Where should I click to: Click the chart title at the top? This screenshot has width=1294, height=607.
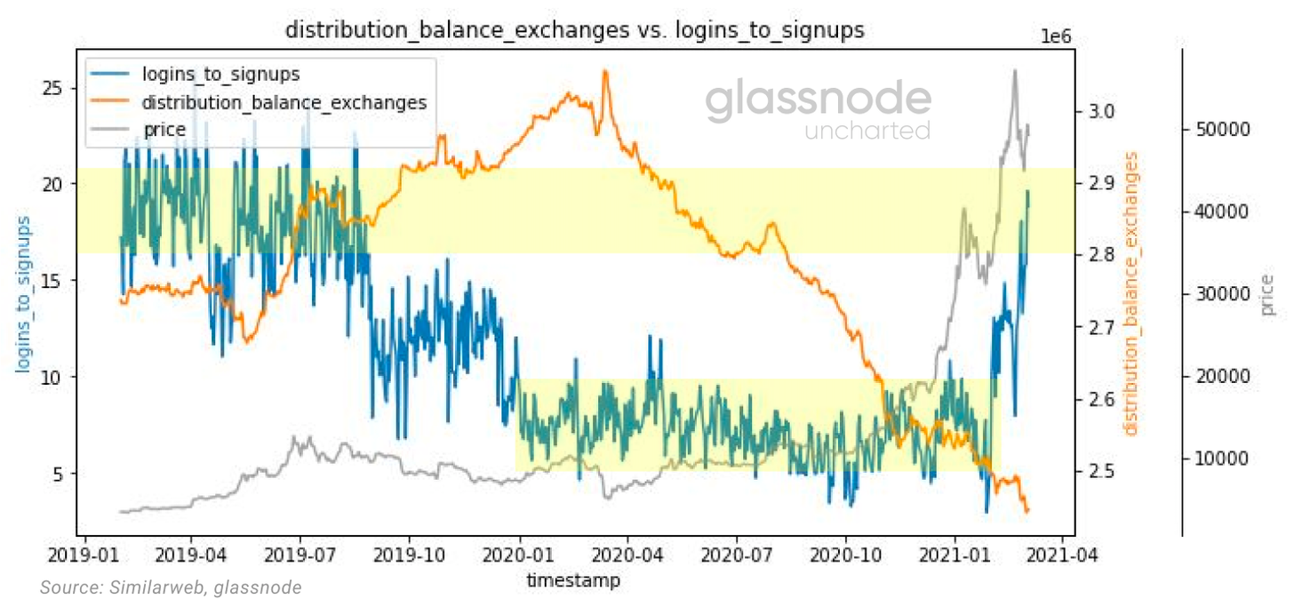coord(574,30)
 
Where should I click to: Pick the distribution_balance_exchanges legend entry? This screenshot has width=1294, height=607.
coord(284,102)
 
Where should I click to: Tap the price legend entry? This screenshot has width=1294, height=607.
coord(164,130)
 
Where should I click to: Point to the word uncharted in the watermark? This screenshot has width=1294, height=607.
coord(867,132)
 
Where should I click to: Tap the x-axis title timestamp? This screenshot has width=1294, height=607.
coord(573,580)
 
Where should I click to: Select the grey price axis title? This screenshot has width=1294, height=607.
coord(1269,294)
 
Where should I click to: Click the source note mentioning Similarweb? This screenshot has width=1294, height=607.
coord(171,587)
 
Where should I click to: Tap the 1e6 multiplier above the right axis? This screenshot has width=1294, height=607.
coord(1056,36)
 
